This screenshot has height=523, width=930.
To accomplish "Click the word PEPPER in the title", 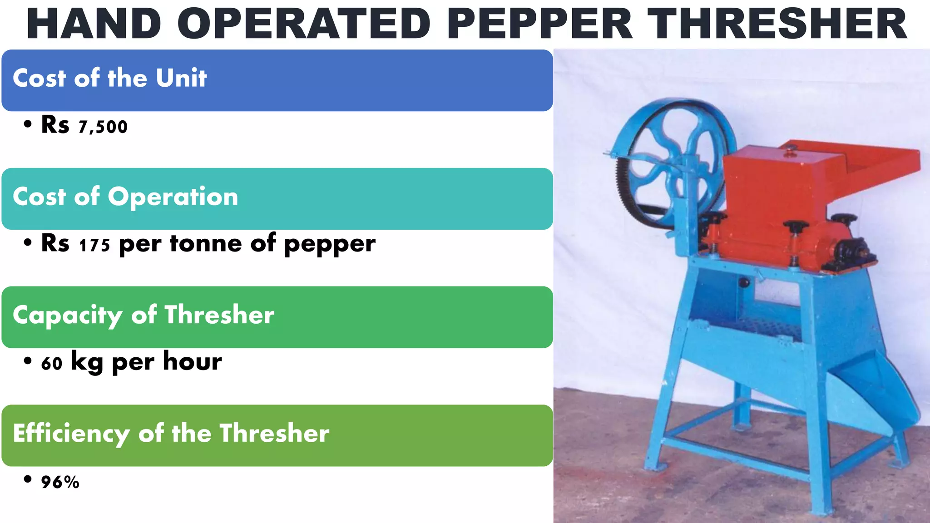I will tap(540, 25).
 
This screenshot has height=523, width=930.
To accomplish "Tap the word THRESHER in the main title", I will tap(777, 25).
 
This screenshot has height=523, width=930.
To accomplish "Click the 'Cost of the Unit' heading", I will tap(110, 78).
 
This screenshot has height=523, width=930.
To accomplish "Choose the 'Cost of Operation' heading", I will tap(125, 197).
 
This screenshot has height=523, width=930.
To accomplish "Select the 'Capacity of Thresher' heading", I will tap(143, 315).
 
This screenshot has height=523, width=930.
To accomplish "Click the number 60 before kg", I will tap(51, 364).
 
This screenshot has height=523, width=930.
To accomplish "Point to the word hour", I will tap(193, 362).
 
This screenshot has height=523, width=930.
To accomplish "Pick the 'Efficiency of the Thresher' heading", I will tap(171, 433).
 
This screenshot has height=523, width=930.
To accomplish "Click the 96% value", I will tap(60, 482).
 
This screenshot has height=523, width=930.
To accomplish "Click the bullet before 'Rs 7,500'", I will tap(28, 124).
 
